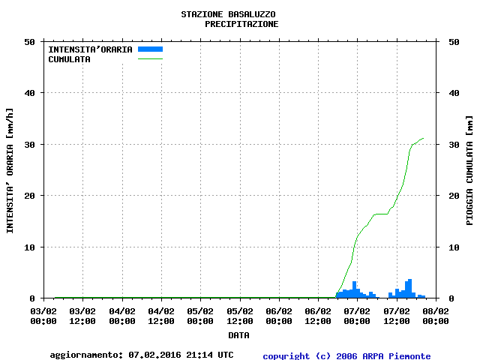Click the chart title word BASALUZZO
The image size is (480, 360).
pyautogui.click(x=250, y=14)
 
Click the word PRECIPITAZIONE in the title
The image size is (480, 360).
pyautogui.click(x=241, y=24)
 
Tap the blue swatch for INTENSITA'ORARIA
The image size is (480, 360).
pyautogui.click(x=150, y=49)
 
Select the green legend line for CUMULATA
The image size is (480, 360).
pyautogui.click(x=150, y=58)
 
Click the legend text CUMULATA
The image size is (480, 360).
pyautogui.click(x=69, y=59)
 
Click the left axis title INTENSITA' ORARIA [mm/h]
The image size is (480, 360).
pyautogui.click(x=10, y=170)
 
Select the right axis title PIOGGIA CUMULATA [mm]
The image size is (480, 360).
pyautogui.click(x=469, y=170)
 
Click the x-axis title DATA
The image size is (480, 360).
pyautogui.click(x=239, y=335)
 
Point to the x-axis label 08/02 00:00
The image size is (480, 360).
pyautogui.click(x=436, y=316)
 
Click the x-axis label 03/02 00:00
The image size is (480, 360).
pyautogui.click(x=43, y=316)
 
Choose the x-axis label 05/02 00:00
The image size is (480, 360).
pyautogui.click(x=200, y=316)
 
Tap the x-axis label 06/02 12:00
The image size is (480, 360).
pyautogui.click(x=318, y=316)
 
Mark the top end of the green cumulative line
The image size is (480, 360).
pyautogui.click(x=424, y=138)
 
